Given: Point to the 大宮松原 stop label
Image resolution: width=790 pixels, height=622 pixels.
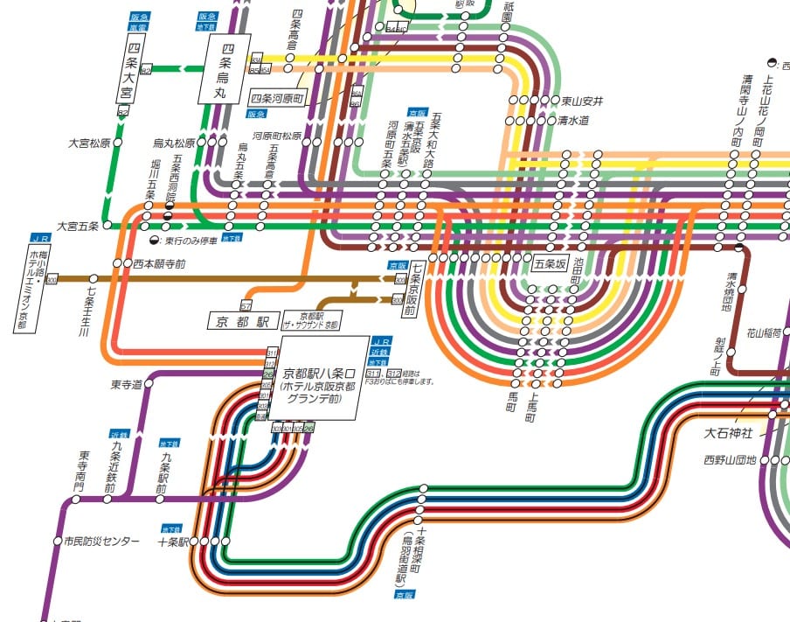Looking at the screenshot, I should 88,143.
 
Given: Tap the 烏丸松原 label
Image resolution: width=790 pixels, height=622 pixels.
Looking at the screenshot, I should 174,143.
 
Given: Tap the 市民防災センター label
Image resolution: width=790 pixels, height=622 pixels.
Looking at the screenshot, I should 101,542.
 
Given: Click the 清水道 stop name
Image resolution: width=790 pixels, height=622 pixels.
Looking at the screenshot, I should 575,121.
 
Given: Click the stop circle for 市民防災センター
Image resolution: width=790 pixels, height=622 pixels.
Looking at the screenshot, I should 57,542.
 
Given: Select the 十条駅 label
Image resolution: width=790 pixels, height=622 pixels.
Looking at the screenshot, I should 173,542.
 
